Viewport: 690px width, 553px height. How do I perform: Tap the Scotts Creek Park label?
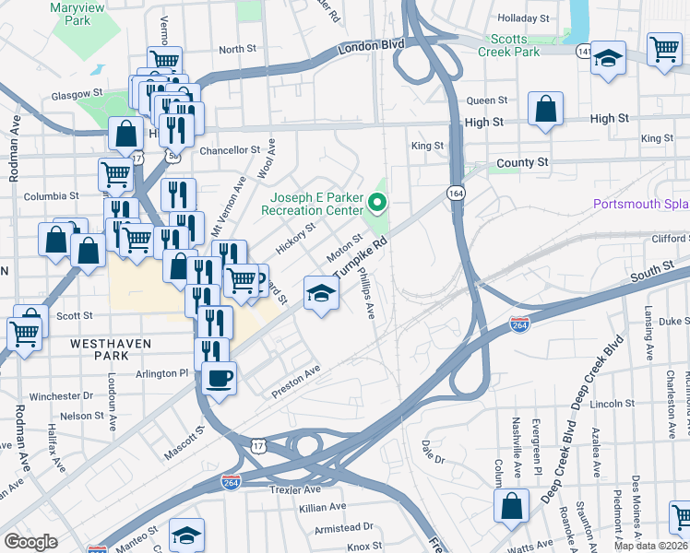click(516, 45)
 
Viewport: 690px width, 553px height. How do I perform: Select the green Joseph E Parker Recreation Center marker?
click(376, 201)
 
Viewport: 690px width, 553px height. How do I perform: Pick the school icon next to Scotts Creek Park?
click(608, 57)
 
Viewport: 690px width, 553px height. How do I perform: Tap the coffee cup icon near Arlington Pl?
click(219, 378)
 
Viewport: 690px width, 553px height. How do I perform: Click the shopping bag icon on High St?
click(546, 109)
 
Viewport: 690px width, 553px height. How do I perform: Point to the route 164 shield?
click(455, 193)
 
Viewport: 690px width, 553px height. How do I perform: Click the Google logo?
click(30, 542)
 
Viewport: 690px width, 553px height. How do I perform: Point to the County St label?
click(521, 162)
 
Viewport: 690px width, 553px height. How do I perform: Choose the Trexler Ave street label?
click(294, 489)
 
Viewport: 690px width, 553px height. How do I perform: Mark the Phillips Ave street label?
click(366, 294)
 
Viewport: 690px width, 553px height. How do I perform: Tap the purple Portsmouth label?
click(640, 204)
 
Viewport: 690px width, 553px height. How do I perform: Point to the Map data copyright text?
click(651, 546)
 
